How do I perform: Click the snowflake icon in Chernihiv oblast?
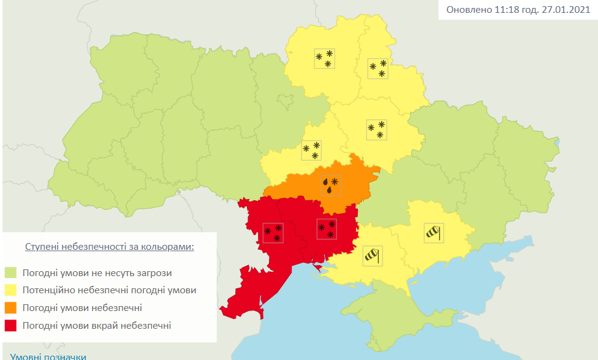point(324,58)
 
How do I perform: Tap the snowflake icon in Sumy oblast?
point(377,68)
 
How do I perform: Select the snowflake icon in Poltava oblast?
point(376,129)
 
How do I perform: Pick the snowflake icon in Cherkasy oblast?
point(311,150)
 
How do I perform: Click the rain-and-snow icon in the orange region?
point(330,185)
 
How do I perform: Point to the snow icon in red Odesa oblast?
point(273,233)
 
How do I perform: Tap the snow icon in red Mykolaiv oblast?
point(326,229)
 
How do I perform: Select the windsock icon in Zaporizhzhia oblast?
point(433,233)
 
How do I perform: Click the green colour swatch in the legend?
point(11,272)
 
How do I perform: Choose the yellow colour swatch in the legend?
point(11,290)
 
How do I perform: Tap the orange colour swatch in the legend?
point(11,308)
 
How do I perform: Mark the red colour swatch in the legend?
point(11,326)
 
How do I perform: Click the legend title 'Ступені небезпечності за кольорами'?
point(110,247)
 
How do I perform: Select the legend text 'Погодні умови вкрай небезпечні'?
point(97,326)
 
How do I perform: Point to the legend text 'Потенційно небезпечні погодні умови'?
point(109,290)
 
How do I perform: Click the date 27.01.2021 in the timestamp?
point(567,10)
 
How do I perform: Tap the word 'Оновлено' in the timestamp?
point(468,10)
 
